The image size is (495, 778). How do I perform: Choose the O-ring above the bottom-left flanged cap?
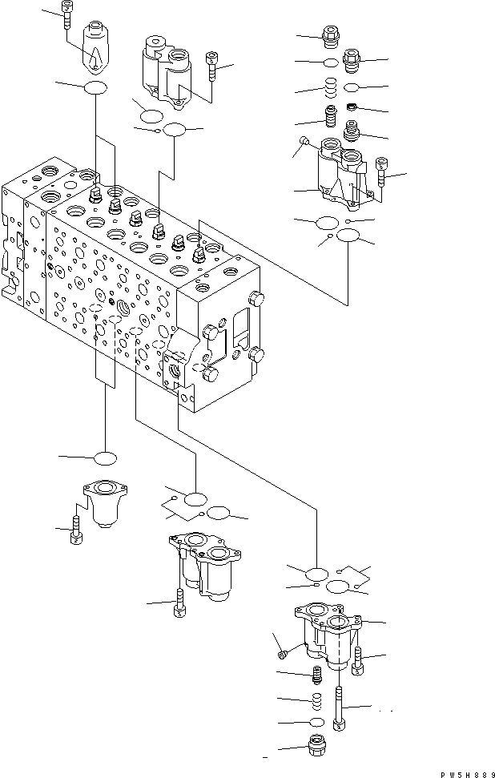click(105, 459)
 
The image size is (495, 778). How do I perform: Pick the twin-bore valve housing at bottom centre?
click(203, 565)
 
